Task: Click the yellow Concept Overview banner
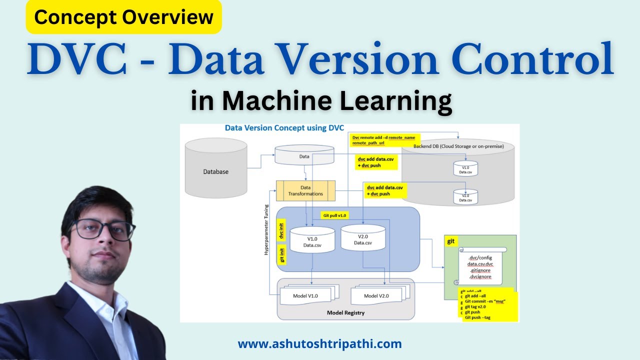coord(123,18)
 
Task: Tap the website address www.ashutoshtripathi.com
coord(319,344)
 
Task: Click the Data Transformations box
coord(305,190)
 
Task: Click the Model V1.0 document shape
coord(306,296)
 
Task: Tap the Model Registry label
coord(345,313)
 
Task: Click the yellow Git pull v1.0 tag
coord(334,215)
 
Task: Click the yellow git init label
coord(282,254)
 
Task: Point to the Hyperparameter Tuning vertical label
coord(266,230)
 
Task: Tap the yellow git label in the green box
coord(450,241)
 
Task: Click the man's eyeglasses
coord(103,229)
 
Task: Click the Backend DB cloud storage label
coord(458,146)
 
